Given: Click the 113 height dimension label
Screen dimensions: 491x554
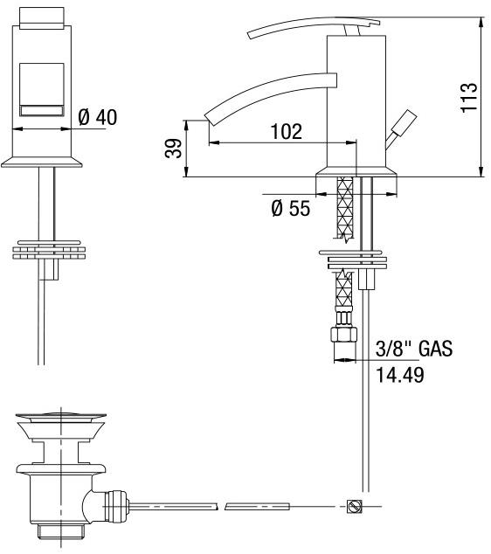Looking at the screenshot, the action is tap(469, 98).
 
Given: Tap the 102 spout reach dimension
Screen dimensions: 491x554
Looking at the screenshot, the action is tap(287, 131).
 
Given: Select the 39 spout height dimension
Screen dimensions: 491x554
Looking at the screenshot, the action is tap(174, 149).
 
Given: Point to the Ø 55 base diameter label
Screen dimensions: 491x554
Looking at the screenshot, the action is tap(291, 208).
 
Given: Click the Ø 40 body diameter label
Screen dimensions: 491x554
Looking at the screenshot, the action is tap(98, 117).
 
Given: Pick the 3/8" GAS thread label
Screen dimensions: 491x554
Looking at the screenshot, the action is tap(414, 349).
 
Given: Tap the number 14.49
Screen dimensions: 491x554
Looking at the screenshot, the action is tap(399, 375).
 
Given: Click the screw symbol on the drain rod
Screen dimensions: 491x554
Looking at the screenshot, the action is tap(354, 506).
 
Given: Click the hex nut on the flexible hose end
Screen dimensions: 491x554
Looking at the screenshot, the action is tap(343, 335).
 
